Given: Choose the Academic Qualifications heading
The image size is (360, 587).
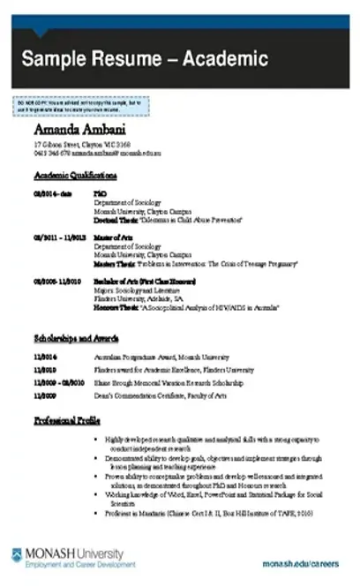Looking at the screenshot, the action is coord(75,176).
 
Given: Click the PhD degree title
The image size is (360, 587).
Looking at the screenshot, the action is coord(99,192).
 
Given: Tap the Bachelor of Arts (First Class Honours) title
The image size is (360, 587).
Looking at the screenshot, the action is coord(145,280).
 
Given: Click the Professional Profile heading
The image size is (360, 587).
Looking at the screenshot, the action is coord(69,421).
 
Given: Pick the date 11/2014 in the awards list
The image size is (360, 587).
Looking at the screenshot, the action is coord(45,356).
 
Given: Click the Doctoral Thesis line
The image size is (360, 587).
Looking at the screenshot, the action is coord(169,219).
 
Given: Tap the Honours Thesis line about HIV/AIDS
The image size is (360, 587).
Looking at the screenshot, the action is coord(185,307).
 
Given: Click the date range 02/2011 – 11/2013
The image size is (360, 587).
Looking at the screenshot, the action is coord(59,237).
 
